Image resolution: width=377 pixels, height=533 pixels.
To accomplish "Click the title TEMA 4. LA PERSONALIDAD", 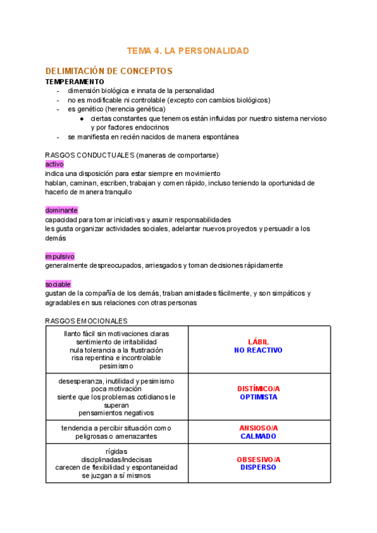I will (x=188, y=50).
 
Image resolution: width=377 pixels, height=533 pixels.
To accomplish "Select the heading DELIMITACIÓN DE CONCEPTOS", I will (x=109, y=71).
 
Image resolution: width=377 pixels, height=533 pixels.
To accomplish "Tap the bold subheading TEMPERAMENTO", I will (x=75, y=82).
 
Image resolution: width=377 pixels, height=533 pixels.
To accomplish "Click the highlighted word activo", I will (x=55, y=164).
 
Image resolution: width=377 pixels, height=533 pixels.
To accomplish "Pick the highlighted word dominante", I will (x=62, y=210).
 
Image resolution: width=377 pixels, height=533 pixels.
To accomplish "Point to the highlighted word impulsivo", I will (x=60, y=256).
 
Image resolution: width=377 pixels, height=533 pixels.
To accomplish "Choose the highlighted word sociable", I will (x=58, y=284).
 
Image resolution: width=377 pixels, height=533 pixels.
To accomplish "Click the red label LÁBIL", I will (x=258, y=342).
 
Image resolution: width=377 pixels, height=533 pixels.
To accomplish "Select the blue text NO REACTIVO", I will (x=258, y=350).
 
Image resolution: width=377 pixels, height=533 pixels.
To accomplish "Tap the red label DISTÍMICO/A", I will (x=258, y=388).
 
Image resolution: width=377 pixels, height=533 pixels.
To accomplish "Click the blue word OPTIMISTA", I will (x=258, y=397).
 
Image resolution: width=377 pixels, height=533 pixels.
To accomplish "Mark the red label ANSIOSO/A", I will (x=258, y=428).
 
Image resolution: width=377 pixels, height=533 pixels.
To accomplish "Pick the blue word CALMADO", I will (x=258, y=436).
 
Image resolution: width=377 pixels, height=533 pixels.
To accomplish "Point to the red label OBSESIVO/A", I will (x=258, y=459).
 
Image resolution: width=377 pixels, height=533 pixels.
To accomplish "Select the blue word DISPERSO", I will (x=258, y=468).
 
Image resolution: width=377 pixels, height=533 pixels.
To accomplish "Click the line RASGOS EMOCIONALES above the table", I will (x=86, y=321).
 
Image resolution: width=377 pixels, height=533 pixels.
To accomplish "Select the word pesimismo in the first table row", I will (x=116, y=366).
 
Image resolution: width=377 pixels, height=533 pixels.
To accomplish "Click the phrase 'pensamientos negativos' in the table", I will (x=116, y=413).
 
